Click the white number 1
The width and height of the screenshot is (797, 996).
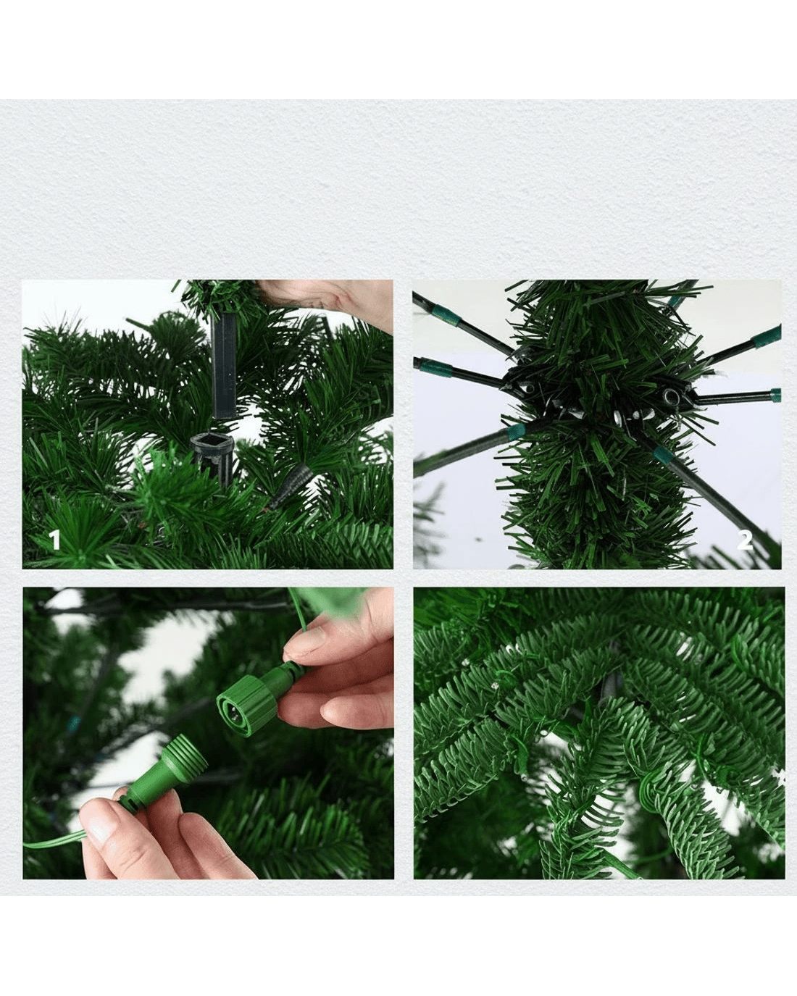coord(55,540)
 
